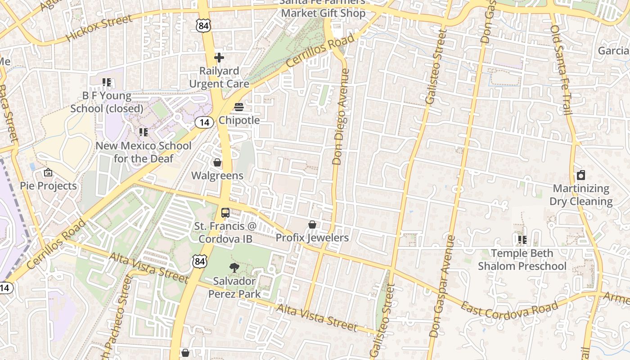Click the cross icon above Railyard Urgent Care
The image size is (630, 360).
point(219,58)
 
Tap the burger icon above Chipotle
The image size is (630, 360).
point(239,107)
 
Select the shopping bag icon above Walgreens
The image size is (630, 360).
point(217,162)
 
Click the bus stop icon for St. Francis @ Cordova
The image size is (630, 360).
point(225,213)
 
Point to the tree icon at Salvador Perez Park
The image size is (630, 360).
point(234,268)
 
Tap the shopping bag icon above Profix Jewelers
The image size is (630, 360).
point(312,225)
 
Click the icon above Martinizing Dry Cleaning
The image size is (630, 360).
point(581,175)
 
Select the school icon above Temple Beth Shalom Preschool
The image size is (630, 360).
point(522,240)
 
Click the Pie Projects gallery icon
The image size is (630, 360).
point(48,172)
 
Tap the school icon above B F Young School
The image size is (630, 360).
point(107,82)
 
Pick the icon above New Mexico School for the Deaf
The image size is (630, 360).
point(144,132)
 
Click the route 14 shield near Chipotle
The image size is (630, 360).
point(204,122)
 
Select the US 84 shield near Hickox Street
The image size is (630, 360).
point(203,26)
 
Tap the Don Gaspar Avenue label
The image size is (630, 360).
point(442,286)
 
